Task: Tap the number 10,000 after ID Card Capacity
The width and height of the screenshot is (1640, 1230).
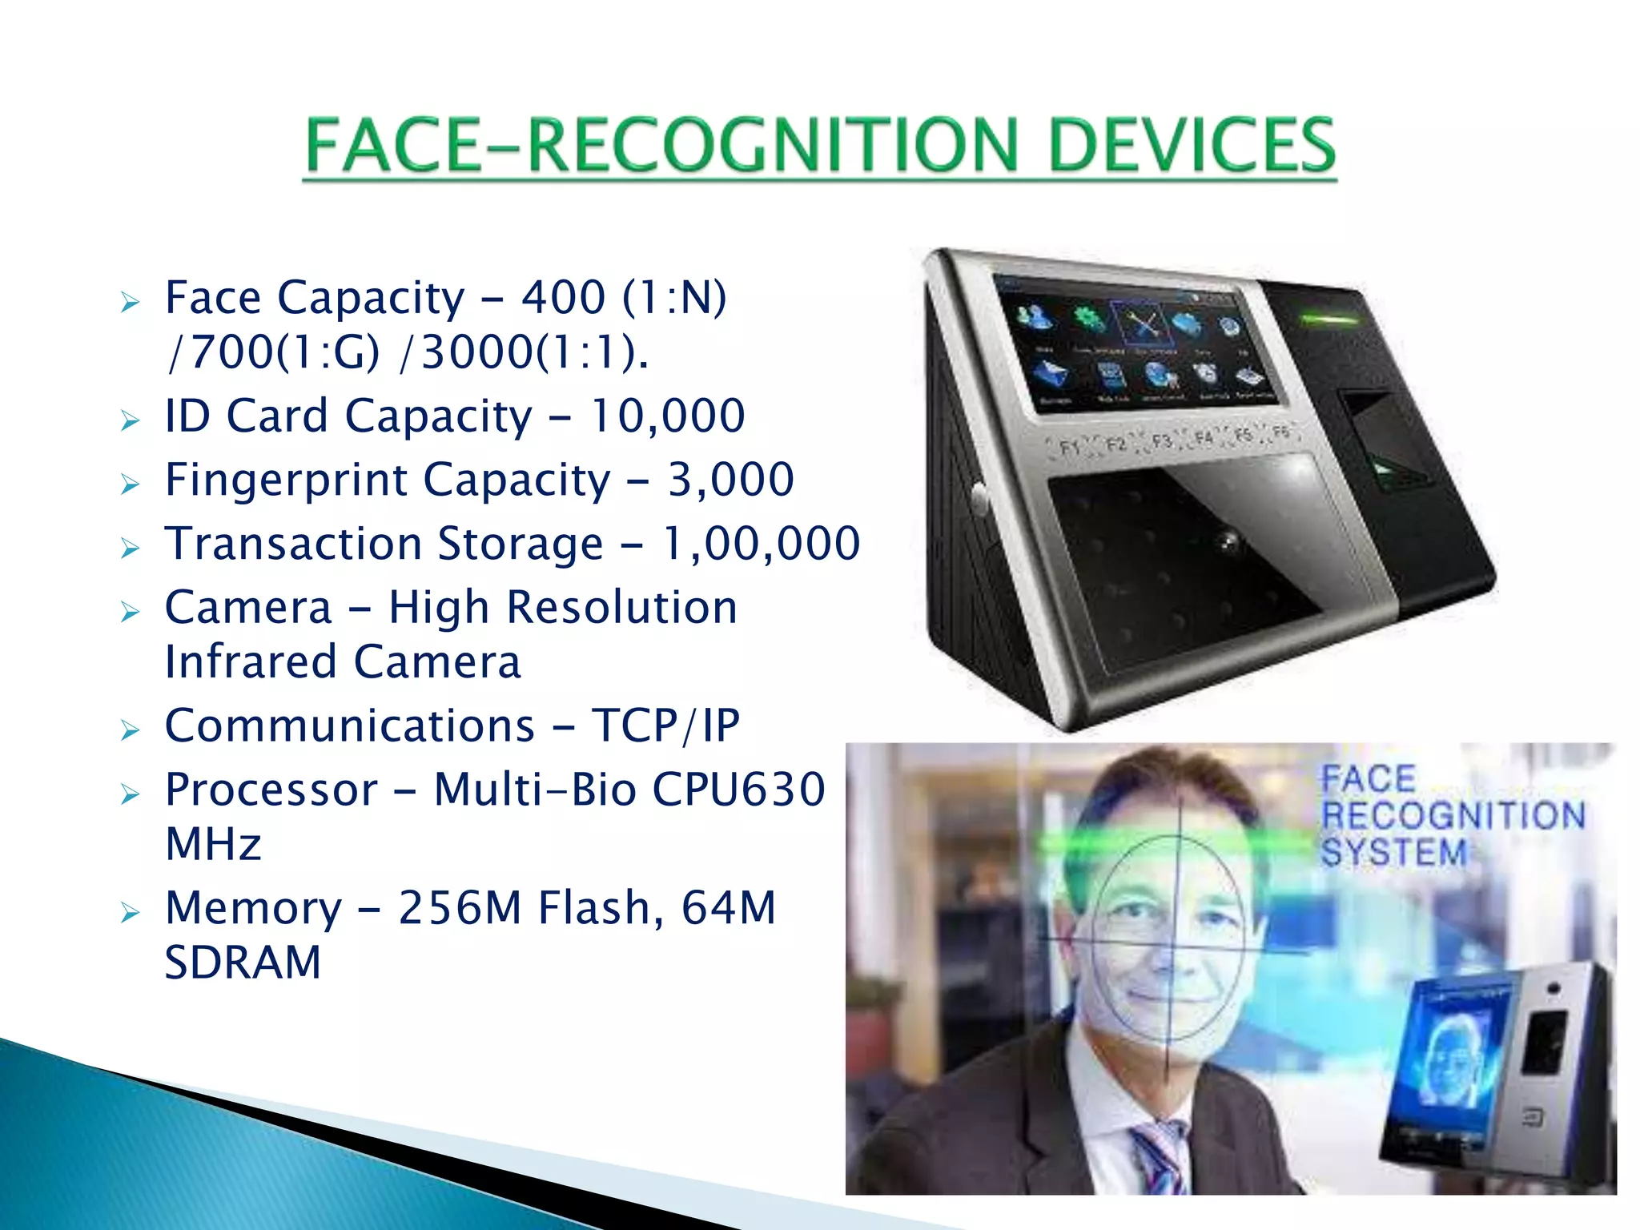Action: point(667,416)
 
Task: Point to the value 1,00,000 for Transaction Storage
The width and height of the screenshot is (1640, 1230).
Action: point(761,544)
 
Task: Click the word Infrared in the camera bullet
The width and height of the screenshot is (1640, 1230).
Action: point(250,662)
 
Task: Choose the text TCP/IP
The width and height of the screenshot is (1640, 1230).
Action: point(665,726)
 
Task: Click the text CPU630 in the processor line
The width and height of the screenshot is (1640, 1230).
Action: point(738,790)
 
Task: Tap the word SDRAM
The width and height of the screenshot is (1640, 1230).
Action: point(243,963)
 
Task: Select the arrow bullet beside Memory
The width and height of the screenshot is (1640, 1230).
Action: point(130,912)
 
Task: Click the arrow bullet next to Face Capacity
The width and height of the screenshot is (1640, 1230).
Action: point(130,302)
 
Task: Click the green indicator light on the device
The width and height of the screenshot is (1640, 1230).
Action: point(1328,320)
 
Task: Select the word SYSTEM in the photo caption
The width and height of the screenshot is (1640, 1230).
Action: point(1393,852)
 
